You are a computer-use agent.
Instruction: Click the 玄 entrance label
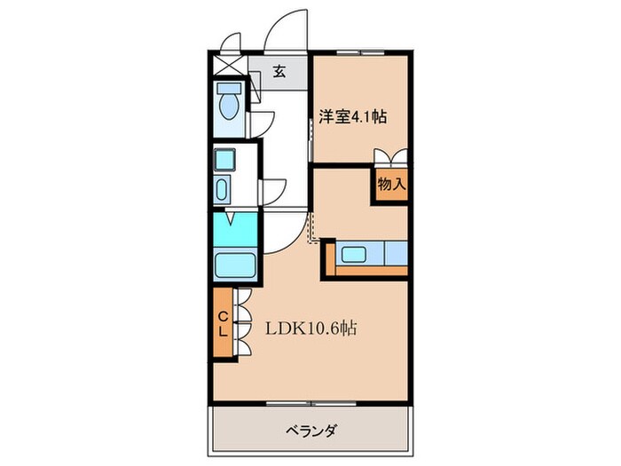[279, 73]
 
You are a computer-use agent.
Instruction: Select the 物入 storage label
[390, 185]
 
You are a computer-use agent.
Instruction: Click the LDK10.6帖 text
[312, 328]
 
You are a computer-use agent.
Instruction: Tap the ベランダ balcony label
[310, 431]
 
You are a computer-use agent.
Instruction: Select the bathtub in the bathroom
[235, 265]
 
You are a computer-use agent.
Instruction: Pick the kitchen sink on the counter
[361, 254]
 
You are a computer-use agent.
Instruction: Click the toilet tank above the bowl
[229, 91]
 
